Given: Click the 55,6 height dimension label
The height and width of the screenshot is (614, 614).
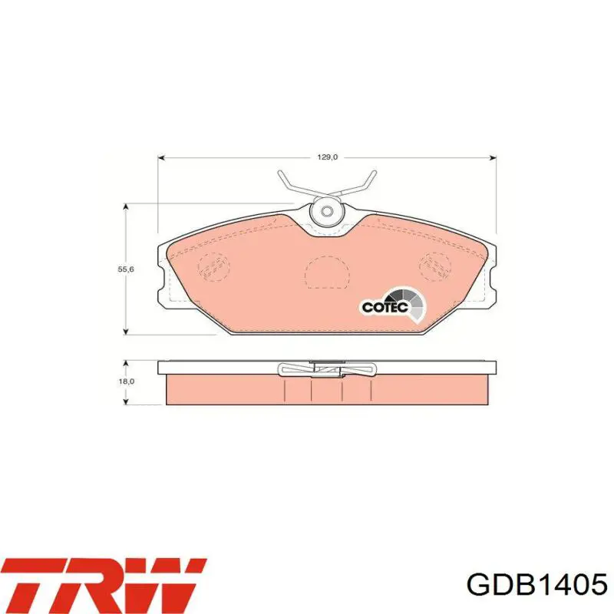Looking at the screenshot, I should pyautogui.click(x=124, y=269).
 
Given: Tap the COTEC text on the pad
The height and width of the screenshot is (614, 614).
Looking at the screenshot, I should pyautogui.click(x=378, y=306).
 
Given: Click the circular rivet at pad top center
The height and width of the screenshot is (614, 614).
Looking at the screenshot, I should pyautogui.click(x=327, y=211).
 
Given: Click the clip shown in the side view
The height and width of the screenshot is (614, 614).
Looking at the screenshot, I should pyautogui.click(x=327, y=371).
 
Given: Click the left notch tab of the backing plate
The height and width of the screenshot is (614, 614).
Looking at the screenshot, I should pyautogui.click(x=162, y=280).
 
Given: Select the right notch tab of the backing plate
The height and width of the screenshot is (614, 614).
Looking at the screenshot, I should pyautogui.click(x=492, y=280).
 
